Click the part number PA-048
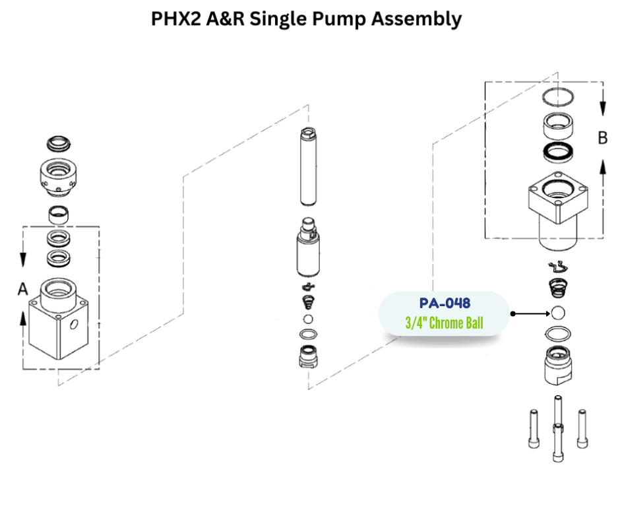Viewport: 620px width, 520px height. point(445,303)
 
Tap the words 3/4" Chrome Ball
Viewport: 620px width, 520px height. point(444,324)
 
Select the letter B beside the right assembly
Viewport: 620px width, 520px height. point(602,138)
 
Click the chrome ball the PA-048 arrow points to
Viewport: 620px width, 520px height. point(558,313)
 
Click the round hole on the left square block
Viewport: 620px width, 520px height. point(73,325)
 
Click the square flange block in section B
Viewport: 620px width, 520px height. point(558,198)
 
